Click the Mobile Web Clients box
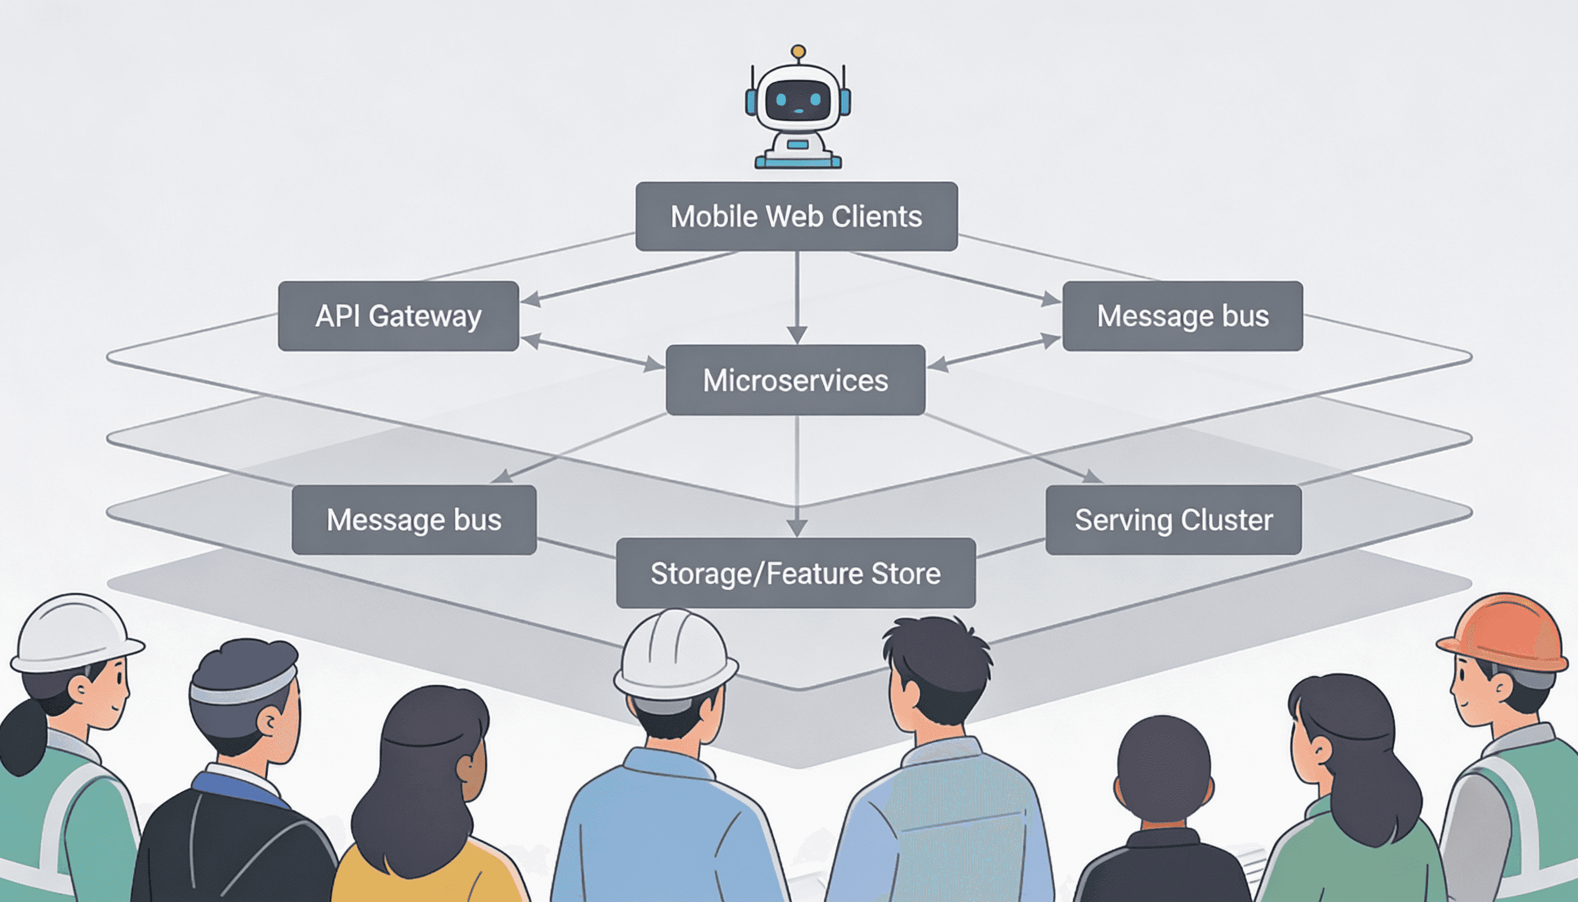click(797, 216)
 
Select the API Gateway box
click(398, 316)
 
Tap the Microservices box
click(795, 380)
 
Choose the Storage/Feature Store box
click(795, 573)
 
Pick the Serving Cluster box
click(1173, 520)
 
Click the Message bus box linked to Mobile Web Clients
click(1182, 316)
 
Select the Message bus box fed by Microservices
click(414, 520)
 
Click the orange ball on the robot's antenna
click(798, 52)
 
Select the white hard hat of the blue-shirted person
click(675, 654)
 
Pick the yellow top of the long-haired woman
click(427, 873)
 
